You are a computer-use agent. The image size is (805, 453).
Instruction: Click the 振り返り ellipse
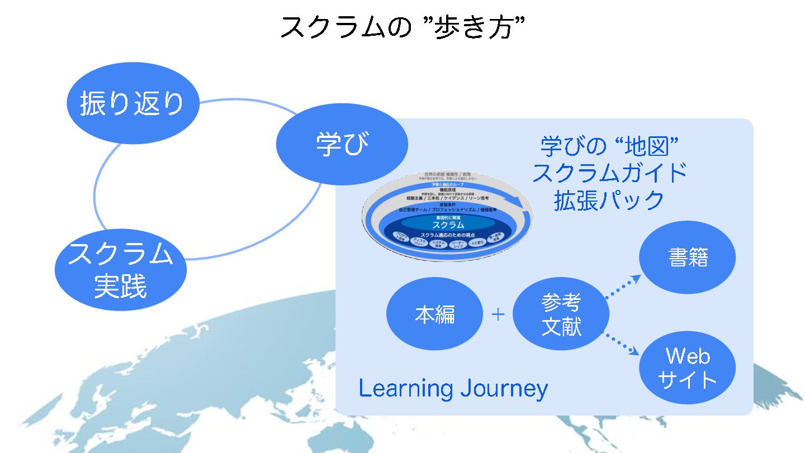(x=132, y=104)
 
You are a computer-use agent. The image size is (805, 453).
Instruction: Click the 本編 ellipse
(x=435, y=315)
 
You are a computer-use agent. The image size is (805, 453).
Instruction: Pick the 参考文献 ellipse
(x=561, y=315)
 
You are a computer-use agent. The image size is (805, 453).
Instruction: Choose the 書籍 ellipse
(x=688, y=258)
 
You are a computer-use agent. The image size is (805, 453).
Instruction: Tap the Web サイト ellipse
(x=688, y=368)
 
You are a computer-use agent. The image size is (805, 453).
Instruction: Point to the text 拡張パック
(x=609, y=201)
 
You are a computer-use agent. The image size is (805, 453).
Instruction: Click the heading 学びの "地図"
(x=609, y=146)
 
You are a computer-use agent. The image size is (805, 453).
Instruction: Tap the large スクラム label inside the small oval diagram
(x=448, y=224)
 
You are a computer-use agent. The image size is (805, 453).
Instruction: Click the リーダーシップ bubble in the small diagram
(x=458, y=244)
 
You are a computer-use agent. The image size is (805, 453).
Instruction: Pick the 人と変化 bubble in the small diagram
(x=478, y=242)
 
